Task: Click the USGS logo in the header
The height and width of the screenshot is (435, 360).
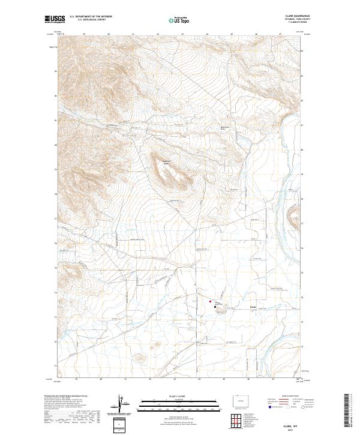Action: coord(55,19)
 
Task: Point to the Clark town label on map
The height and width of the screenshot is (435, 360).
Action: coord(253,308)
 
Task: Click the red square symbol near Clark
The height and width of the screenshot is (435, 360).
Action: coord(210,302)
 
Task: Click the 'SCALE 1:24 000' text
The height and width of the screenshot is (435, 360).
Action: coord(174,397)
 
